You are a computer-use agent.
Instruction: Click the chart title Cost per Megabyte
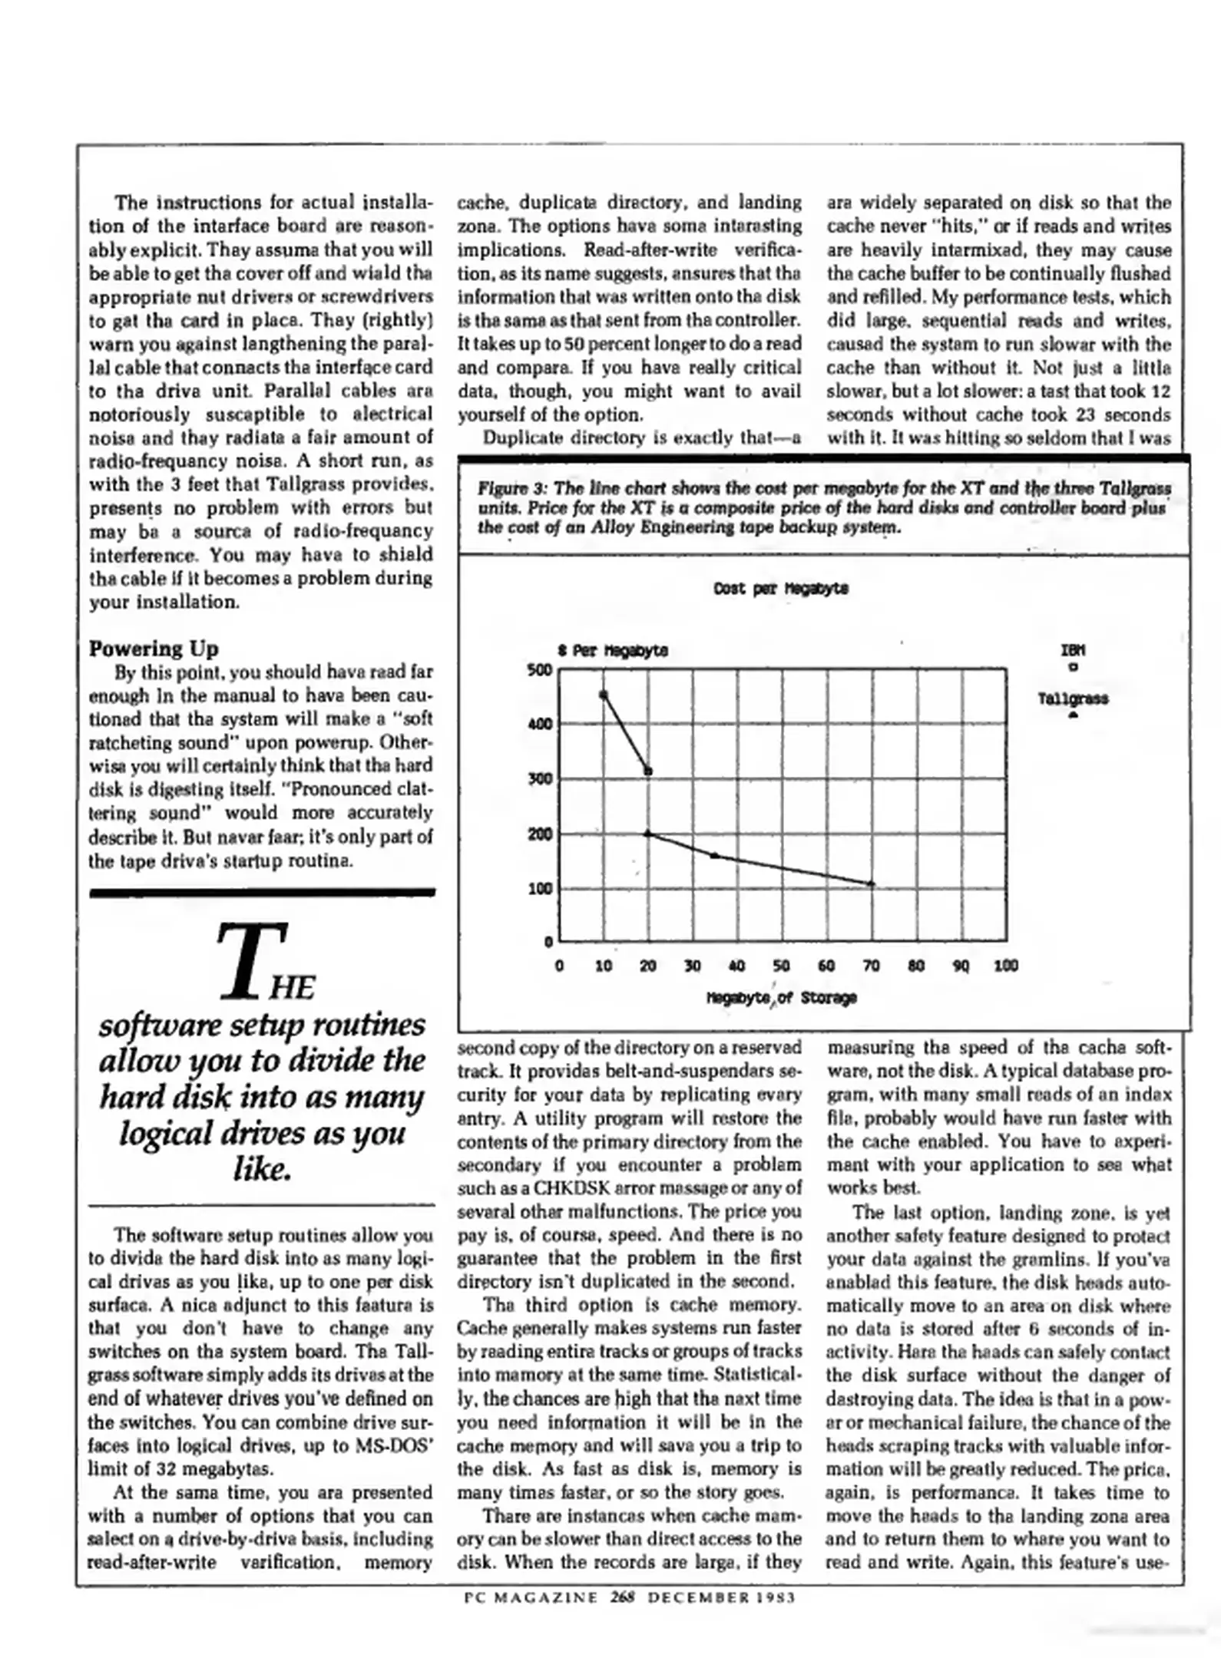(x=780, y=589)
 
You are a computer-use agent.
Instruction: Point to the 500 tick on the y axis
(x=539, y=669)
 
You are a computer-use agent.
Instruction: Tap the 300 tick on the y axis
(x=539, y=779)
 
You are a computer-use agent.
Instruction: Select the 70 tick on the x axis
(x=871, y=966)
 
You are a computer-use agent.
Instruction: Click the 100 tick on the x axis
(x=1005, y=966)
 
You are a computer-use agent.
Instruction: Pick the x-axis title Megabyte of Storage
(x=780, y=998)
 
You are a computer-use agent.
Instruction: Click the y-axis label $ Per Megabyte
(x=612, y=650)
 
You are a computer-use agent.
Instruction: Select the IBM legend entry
(x=1073, y=650)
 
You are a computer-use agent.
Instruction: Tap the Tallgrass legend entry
(x=1073, y=699)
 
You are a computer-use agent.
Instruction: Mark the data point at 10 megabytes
(x=604, y=695)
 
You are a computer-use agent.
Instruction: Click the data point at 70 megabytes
(x=871, y=883)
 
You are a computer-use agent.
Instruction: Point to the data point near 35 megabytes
(x=714, y=855)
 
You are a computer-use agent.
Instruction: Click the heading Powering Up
(x=154, y=649)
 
